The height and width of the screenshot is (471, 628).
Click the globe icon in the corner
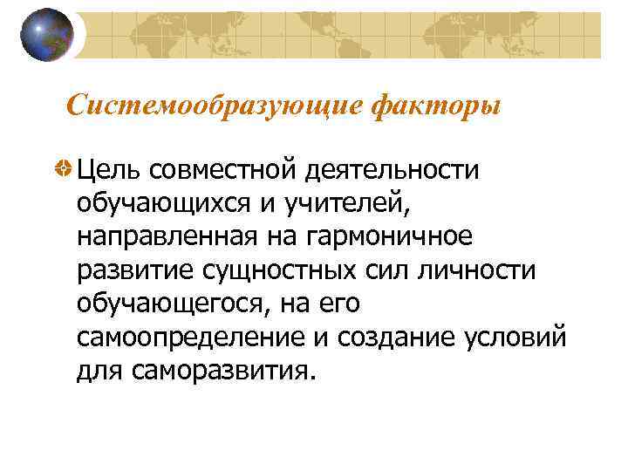pyautogui.click(x=48, y=36)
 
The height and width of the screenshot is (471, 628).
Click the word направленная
pyautogui.click(x=165, y=236)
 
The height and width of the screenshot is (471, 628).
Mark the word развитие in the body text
pyautogui.click(x=133, y=270)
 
